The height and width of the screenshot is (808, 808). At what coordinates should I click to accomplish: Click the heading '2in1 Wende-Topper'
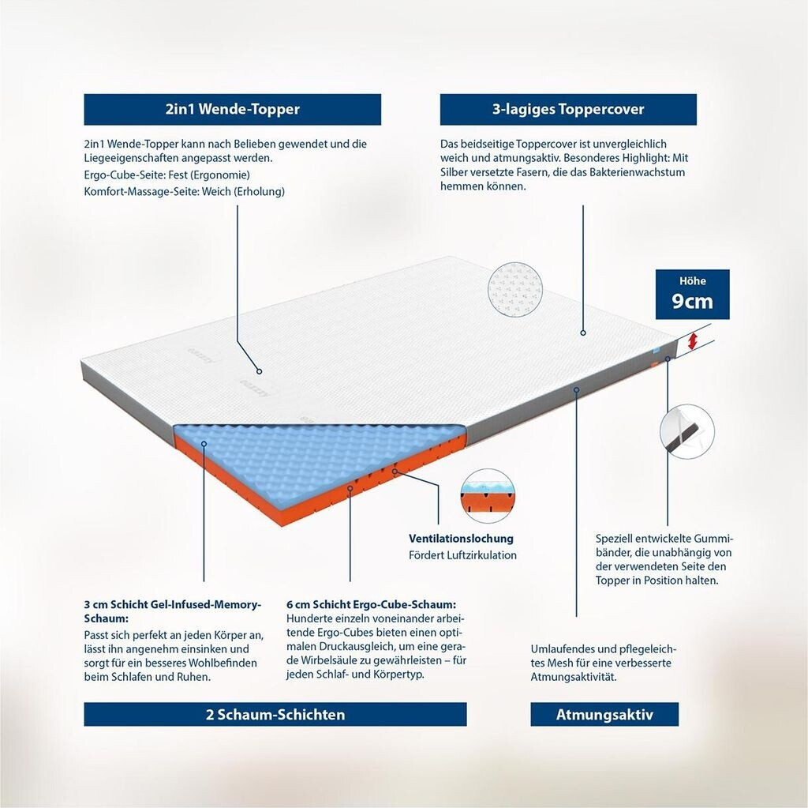pos(233,109)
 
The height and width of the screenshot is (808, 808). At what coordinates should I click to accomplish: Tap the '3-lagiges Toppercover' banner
pos(568,109)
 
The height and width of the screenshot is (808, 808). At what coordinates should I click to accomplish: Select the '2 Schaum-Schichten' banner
pos(275,714)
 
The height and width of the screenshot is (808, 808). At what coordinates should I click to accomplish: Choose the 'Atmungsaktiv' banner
pos(604,714)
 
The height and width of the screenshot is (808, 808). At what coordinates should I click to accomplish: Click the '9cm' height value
pos(692,301)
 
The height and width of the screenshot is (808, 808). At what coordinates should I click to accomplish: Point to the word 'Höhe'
pos(693,281)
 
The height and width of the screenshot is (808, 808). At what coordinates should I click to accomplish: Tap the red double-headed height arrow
pos(694,341)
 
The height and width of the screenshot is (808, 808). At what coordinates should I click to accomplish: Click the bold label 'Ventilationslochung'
pos(461,539)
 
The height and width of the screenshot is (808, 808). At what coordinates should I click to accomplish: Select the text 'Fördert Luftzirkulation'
pos(462,555)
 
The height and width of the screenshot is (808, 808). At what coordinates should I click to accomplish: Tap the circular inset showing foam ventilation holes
pos(488,496)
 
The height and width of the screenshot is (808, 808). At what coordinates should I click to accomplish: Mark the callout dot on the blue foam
pos(204,443)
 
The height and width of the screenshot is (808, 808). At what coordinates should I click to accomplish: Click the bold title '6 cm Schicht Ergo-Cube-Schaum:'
pos(372,604)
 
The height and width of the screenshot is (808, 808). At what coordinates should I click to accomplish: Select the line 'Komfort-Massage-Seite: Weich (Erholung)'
pos(185,191)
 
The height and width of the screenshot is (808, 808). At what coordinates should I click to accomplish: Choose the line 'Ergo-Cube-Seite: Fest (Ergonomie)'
pos(167,175)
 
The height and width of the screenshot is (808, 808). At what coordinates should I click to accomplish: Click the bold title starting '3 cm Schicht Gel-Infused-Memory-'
pos(173,611)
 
